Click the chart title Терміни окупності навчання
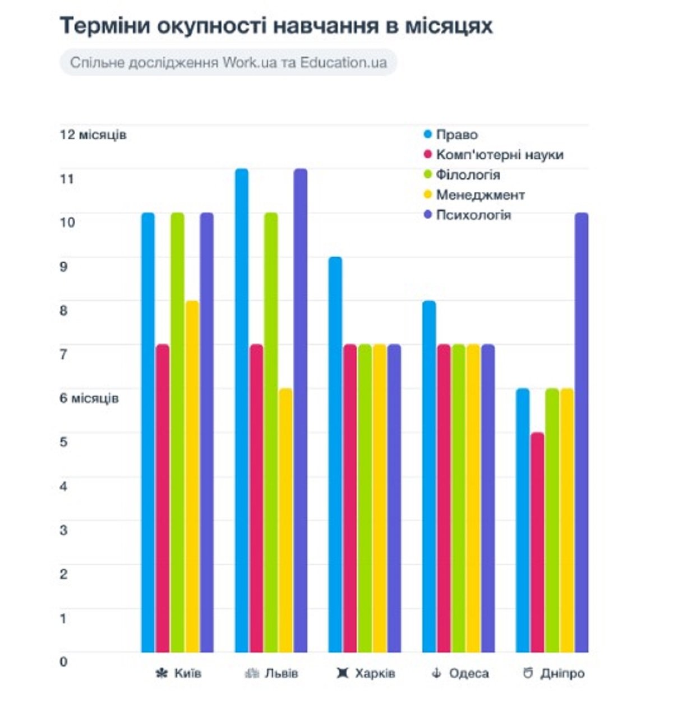[x=276, y=26]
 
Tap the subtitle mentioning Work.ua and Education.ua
[x=228, y=62]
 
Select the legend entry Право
[x=457, y=135]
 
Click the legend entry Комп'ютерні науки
[x=499, y=155]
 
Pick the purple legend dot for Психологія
[x=428, y=215]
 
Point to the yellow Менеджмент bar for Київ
[x=192, y=476]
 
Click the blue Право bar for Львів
[x=242, y=409]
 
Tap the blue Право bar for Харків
[x=335, y=454]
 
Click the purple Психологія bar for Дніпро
[x=582, y=432]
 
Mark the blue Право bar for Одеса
[x=429, y=476]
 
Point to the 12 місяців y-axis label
[x=93, y=135]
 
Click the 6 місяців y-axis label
[x=89, y=399]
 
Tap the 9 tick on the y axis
[x=63, y=267]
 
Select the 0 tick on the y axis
[x=63, y=661]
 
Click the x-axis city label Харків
[x=375, y=673]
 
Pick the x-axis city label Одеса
[x=468, y=673]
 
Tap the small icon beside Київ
[x=162, y=673]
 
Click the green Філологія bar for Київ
[x=178, y=432]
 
